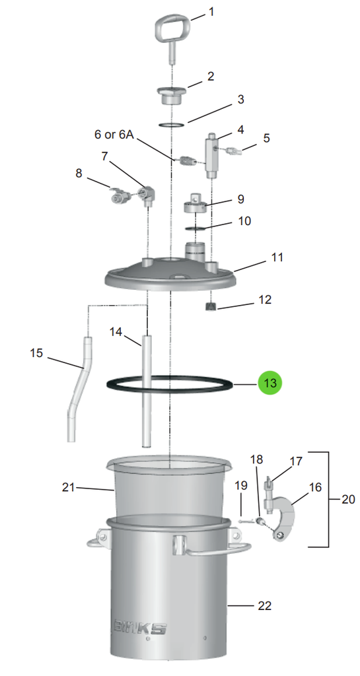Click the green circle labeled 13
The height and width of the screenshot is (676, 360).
(270, 383)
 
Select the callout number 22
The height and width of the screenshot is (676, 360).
(264, 606)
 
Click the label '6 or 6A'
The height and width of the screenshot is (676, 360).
(114, 135)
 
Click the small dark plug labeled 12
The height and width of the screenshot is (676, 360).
(211, 306)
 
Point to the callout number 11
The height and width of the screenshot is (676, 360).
(277, 257)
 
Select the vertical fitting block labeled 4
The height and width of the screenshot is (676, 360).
(211, 155)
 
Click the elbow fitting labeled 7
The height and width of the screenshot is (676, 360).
(147, 194)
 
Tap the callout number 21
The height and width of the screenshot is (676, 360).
(69, 488)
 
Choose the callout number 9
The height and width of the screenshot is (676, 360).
(240, 199)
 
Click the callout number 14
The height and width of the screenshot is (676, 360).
(116, 332)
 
